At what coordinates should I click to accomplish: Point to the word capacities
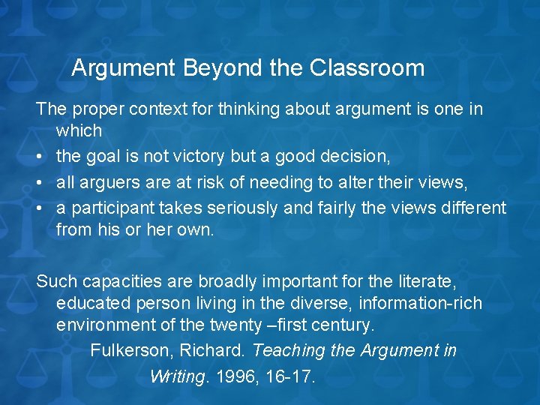click(113, 282)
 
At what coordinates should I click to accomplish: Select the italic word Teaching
click(286, 351)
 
